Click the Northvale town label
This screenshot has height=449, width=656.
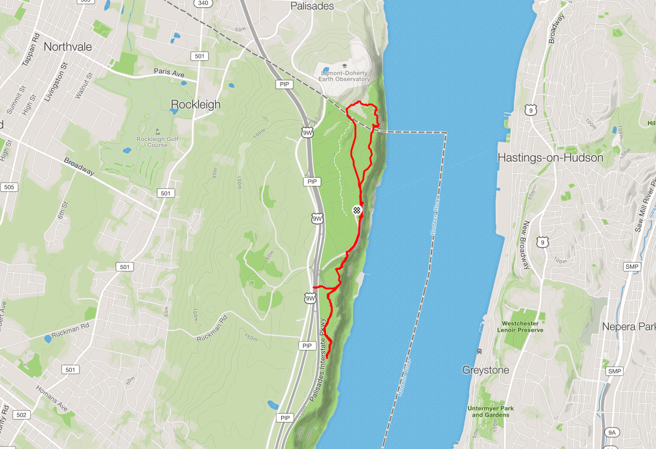pyautogui.click(x=69, y=46)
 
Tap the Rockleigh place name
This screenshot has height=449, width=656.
pyautogui.click(x=195, y=104)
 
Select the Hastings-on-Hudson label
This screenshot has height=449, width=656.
pyautogui.click(x=550, y=158)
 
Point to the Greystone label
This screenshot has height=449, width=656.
pyautogui.click(x=485, y=371)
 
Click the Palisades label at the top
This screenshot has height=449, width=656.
pyautogui.click(x=312, y=6)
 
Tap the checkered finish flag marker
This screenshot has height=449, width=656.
pyautogui.click(x=357, y=210)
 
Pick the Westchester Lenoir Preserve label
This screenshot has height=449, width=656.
pyautogui.click(x=522, y=326)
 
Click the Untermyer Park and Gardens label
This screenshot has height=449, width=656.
pyautogui.click(x=490, y=411)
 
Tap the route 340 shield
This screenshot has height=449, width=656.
pyautogui.click(x=203, y=3)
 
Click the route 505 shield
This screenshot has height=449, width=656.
pyautogui.click(x=8, y=187)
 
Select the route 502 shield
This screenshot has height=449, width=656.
pyautogui.click(x=21, y=415)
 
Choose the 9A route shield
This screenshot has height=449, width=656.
pyautogui.click(x=612, y=432)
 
